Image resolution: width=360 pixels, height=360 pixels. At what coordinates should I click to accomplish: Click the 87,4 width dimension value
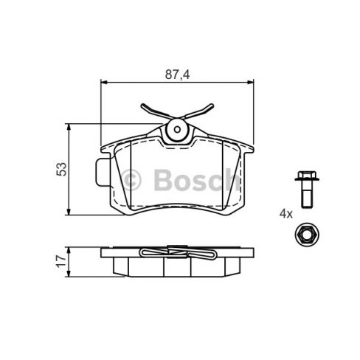pyautogui.click(x=176, y=75)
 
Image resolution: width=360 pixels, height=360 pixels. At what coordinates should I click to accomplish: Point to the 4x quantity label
pyautogui.click(x=285, y=214)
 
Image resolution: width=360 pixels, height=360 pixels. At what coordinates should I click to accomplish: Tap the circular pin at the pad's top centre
pyautogui.click(x=176, y=131)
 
